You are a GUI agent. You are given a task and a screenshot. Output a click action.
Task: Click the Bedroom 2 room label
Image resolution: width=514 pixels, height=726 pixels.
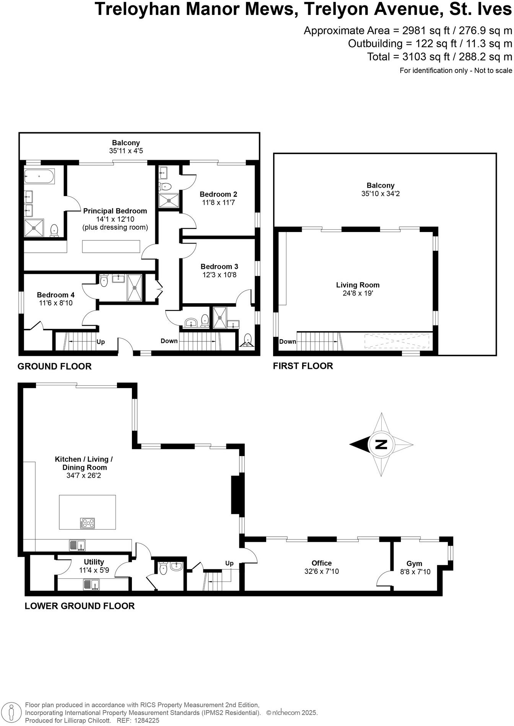218,194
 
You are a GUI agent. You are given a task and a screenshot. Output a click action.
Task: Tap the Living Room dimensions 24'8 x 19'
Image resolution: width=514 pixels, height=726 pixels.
358,293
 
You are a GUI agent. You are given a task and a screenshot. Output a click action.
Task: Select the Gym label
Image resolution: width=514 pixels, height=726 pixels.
414,564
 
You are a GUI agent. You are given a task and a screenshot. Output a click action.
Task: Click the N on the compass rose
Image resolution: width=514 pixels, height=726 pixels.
381,444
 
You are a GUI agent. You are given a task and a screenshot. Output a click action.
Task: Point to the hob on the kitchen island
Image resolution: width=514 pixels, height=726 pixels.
88,523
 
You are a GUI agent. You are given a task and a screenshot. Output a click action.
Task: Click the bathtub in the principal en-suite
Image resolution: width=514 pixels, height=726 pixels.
39,176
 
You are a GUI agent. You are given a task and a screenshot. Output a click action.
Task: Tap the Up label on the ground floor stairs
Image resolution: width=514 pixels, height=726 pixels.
101,341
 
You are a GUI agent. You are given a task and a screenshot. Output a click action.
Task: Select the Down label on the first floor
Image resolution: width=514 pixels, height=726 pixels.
288,341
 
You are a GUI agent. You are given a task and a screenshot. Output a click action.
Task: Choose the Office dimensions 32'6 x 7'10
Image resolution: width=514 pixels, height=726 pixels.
322,571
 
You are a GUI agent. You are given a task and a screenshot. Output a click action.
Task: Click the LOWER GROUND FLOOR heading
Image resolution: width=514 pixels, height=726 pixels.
80,606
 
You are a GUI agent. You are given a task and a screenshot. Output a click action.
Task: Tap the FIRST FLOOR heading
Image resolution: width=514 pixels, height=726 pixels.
303,366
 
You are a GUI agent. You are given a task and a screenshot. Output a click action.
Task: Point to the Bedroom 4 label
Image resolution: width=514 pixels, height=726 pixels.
55,295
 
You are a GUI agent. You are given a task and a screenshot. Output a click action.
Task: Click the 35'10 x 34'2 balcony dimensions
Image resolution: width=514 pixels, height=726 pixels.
380,193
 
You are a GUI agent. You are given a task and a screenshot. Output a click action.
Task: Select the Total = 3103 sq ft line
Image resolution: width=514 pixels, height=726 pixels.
439,57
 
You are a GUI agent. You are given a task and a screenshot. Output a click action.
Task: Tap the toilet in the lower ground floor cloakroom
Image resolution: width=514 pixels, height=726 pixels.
163,568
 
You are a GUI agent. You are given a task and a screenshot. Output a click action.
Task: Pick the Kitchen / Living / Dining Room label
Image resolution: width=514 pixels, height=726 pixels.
84,463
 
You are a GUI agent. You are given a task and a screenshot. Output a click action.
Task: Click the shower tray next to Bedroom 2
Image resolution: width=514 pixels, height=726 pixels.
169,200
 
